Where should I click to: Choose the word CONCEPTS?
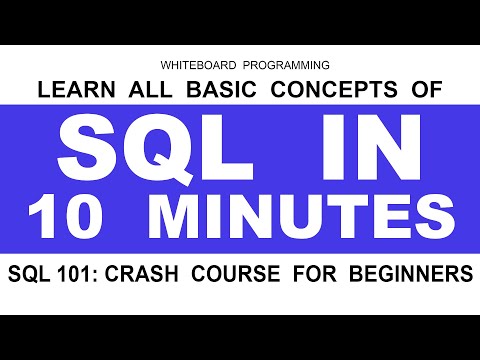coord(313,92)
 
